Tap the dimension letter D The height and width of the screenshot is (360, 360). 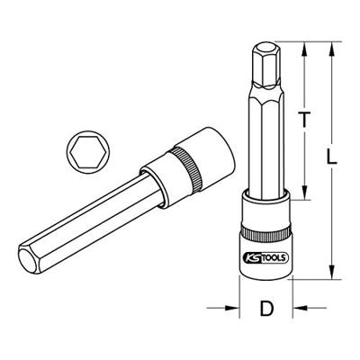(x=266, y=310)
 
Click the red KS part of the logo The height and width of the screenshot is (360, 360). (x=251, y=256)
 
